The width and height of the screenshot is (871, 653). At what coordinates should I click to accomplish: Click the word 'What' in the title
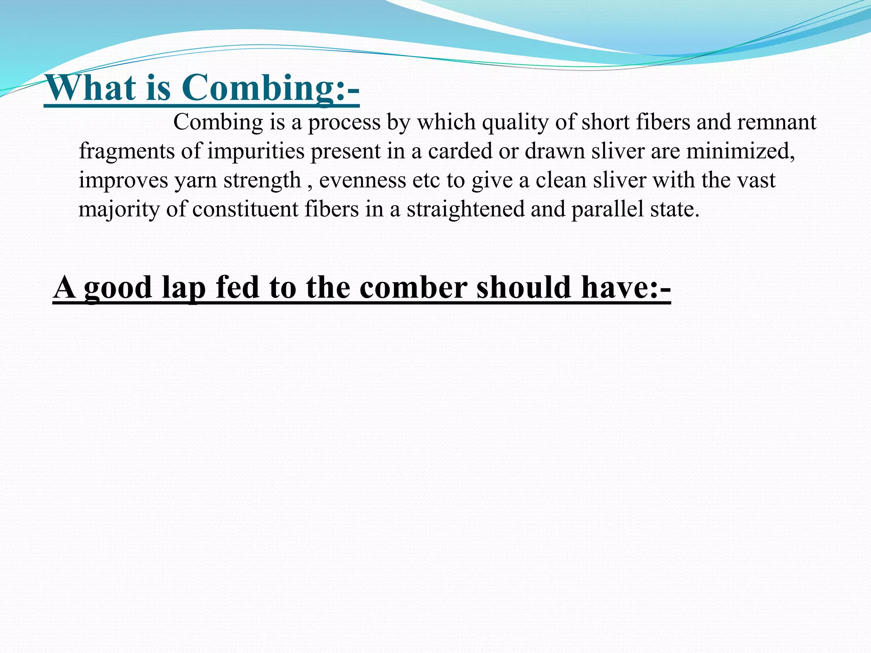click(90, 88)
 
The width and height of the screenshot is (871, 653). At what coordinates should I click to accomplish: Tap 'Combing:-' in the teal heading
click(270, 88)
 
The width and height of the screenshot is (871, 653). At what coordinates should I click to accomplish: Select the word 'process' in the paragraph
click(344, 122)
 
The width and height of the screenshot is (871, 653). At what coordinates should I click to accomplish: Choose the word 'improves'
click(123, 181)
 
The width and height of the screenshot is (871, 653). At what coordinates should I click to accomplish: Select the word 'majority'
click(119, 210)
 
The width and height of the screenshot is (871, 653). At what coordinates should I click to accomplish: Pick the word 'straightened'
click(465, 210)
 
